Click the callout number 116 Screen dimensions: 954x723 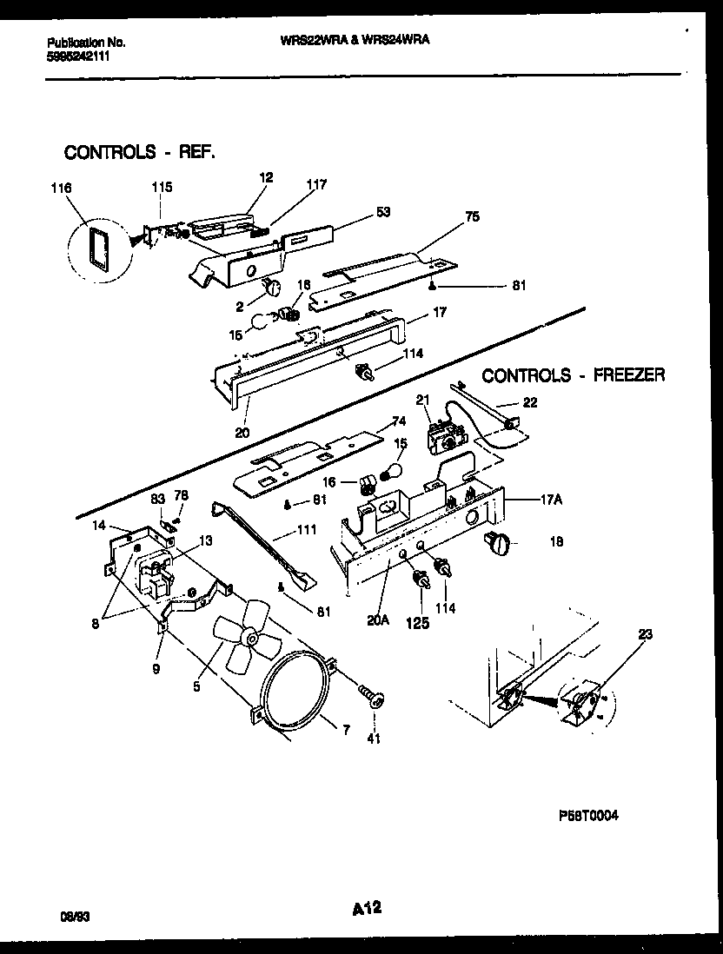click(62, 188)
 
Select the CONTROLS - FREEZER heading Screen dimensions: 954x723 click(574, 375)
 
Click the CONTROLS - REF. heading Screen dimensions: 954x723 click(140, 152)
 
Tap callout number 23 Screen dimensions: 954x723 click(645, 634)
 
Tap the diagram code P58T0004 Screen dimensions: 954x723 click(588, 816)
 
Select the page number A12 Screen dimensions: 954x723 click(368, 909)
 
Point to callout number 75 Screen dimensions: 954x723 click(472, 217)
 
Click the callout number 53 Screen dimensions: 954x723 click(383, 210)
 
